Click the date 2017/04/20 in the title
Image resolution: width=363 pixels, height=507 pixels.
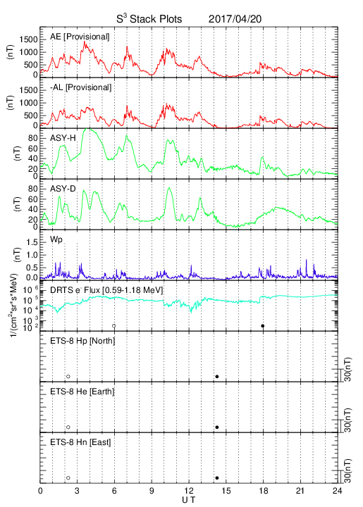235,19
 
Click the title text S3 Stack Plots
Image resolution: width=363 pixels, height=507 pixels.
149,18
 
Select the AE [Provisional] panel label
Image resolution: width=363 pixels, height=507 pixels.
80,37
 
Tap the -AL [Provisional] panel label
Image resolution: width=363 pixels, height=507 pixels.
80,87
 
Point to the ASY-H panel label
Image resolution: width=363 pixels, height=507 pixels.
63,139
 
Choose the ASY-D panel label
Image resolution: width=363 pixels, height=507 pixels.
63,189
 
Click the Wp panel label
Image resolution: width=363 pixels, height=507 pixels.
56,240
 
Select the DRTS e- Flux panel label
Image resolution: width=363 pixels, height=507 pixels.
106,290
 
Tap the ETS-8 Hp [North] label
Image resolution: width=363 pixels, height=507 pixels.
82,341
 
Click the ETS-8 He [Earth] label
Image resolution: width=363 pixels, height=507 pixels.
82,392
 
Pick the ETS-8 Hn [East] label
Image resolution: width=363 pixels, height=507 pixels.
80,442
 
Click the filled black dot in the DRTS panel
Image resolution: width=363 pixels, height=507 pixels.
263,326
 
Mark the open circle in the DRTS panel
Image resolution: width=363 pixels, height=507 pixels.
114,326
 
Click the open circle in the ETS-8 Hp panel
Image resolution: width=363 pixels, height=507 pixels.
68,377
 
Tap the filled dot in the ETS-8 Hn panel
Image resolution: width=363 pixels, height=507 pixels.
217,478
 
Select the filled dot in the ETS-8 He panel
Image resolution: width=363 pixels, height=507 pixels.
217,427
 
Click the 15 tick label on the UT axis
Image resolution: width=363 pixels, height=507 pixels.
226,491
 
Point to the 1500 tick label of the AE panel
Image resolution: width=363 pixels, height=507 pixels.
28,39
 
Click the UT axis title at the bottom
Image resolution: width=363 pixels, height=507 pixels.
189,500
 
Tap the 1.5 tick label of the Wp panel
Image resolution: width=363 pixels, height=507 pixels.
31,242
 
